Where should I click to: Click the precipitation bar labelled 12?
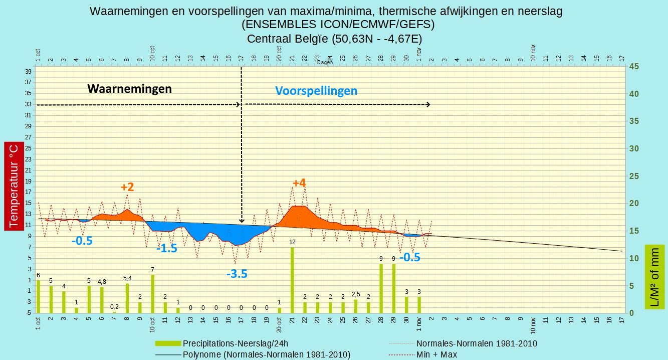tap(292, 280)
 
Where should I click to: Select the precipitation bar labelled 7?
tap(152, 294)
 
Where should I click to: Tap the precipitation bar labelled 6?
tap(38, 296)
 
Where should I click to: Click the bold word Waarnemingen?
tap(129, 89)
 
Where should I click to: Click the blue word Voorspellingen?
tap(316, 91)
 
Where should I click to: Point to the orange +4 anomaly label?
tap(299, 183)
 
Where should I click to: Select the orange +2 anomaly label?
tap(127, 187)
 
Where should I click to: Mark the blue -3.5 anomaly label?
tap(237, 273)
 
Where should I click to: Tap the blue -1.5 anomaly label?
tap(167, 248)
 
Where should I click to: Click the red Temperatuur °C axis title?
tap(14, 186)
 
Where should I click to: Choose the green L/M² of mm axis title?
tap(655, 277)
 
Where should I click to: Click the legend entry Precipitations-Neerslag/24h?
tap(221, 343)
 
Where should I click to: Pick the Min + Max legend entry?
tap(423, 354)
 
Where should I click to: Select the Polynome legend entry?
tap(253, 354)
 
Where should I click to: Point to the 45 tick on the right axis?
tap(634, 66)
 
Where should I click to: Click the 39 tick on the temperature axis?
tap(29, 71)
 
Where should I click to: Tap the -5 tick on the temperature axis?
tap(29, 313)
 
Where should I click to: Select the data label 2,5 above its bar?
tap(356, 294)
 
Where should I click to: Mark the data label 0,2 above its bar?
tap(114, 307)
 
